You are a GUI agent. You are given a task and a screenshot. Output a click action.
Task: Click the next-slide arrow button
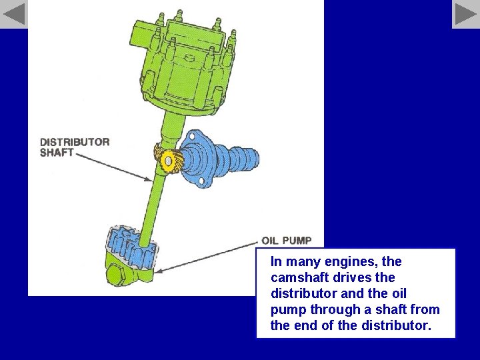465,14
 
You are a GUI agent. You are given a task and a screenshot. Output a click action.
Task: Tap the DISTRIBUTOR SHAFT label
74,147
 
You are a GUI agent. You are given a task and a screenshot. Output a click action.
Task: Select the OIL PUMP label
286,241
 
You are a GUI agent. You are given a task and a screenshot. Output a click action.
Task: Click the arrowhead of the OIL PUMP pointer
159,271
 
